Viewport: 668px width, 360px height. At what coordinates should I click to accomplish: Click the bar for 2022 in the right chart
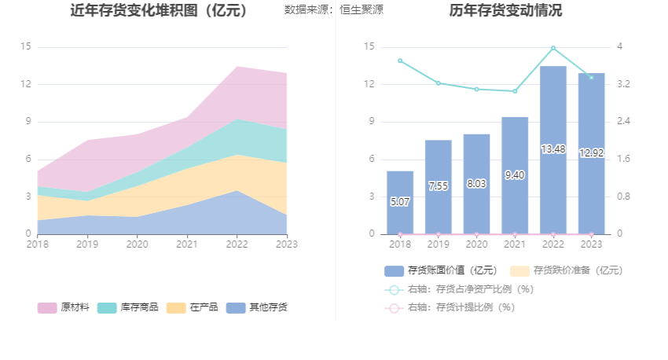(553, 149)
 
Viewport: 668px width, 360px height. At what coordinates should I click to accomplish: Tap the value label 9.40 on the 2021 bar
(515, 175)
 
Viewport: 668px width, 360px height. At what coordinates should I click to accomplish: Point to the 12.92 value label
(591, 152)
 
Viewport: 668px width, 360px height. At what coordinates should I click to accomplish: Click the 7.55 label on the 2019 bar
(438, 186)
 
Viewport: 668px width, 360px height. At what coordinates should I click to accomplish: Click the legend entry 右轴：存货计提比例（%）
(460, 307)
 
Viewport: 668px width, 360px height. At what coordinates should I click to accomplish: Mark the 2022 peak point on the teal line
(553, 48)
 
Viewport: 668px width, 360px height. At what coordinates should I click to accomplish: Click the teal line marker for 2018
(400, 61)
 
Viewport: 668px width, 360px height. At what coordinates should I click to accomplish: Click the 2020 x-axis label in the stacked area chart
(137, 244)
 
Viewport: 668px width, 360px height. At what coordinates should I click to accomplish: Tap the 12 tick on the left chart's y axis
(25, 84)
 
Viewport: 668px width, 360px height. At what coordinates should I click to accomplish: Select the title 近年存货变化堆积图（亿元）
(160, 11)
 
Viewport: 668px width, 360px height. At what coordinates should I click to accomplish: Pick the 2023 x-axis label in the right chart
(591, 244)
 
